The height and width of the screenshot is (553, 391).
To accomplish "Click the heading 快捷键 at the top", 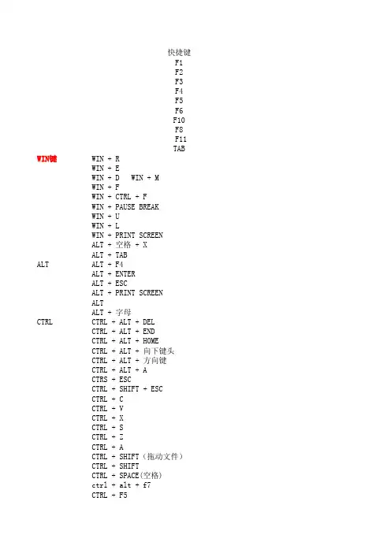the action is pyautogui.click(x=179, y=53).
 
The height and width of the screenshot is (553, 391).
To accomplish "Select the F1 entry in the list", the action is pyautogui.click(x=179, y=63).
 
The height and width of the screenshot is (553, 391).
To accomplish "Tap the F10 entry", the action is pyautogui.click(x=179, y=121).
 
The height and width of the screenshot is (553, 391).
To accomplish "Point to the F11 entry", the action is pyautogui.click(x=181, y=139).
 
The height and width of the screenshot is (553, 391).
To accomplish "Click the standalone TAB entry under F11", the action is pyautogui.click(x=179, y=149).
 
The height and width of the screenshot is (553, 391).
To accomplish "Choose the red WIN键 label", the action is pyautogui.click(x=47, y=159).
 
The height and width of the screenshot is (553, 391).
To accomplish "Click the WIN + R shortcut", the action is pyautogui.click(x=106, y=159).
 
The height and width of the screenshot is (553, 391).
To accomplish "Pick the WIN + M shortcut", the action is pyautogui.click(x=145, y=178).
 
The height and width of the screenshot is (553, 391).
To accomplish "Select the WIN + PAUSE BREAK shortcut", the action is pyautogui.click(x=125, y=207).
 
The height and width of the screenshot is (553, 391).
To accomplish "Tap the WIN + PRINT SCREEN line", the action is pyautogui.click(x=127, y=236).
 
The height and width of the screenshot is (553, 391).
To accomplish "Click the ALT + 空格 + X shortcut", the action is pyautogui.click(x=119, y=245).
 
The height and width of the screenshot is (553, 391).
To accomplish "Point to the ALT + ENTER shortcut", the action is pyautogui.click(x=114, y=274).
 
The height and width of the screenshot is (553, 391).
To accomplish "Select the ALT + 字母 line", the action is pyautogui.click(x=111, y=313).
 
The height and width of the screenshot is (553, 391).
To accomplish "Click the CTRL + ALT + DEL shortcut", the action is pyautogui.click(x=123, y=322).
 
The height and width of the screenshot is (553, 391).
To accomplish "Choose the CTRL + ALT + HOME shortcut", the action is pyautogui.click(x=125, y=341).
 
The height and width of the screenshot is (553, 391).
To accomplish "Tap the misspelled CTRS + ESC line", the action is pyautogui.click(x=111, y=380).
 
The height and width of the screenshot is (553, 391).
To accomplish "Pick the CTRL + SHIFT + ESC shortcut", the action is pyautogui.click(x=127, y=389).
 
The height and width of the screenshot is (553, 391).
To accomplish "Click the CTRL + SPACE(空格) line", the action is pyautogui.click(x=127, y=476).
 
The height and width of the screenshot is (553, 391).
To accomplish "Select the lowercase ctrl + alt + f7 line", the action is pyautogui.click(x=121, y=485).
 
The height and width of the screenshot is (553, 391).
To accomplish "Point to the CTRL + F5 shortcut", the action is pyautogui.click(x=110, y=495).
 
